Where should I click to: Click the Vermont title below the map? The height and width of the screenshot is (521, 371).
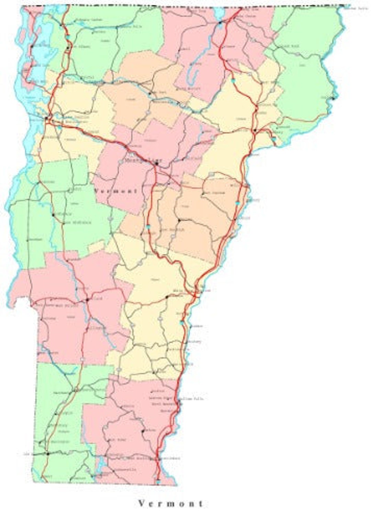pos(171,504)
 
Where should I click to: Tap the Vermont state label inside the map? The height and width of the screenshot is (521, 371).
pos(116,191)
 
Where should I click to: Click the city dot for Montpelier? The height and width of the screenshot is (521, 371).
pos(157,164)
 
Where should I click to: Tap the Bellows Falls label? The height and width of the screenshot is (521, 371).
pos(193,399)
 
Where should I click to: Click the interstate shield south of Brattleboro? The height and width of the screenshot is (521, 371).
pos(158,482)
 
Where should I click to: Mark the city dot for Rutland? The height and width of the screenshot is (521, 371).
pos(87,300)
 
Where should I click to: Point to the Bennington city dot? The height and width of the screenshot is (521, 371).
pos(48,454)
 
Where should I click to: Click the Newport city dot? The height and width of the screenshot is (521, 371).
pos(220,24)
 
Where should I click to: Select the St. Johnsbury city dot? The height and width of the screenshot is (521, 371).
pos(255,131)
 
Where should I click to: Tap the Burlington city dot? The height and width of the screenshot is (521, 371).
pos(46,118)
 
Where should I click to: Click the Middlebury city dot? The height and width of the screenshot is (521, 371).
pos(53,215)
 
